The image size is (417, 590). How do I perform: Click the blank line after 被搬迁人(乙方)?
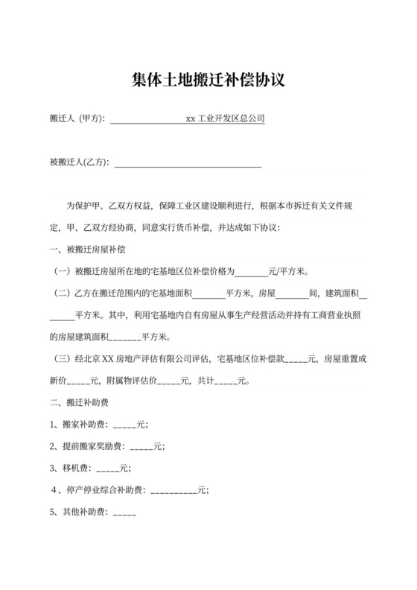click(x=187, y=162)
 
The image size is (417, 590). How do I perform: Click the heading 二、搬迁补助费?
click(x=81, y=403)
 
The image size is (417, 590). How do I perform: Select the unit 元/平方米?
click(x=285, y=271)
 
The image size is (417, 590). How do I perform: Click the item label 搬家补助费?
click(x=83, y=425)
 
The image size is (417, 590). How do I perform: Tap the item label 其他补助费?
click(x=83, y=512)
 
